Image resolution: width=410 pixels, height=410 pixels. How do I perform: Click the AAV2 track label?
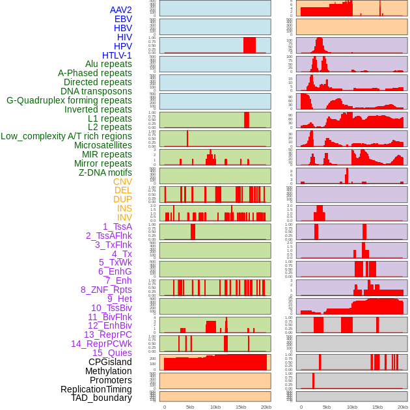[120, 10]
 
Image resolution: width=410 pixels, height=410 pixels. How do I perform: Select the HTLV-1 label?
[116, 55]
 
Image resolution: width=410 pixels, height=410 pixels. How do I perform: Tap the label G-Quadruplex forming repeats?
[69, 100]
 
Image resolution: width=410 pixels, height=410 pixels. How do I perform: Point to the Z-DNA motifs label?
[105, 172]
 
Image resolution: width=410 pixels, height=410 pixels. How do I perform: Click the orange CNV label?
[122, 182]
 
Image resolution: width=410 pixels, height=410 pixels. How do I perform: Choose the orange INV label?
[124, 217]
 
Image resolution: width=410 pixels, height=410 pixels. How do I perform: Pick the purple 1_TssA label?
[117, 226]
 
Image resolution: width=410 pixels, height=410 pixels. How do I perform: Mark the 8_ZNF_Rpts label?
[106, 290]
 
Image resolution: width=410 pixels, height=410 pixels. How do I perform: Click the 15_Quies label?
[112, 353]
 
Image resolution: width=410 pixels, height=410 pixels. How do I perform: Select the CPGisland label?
[110, 362]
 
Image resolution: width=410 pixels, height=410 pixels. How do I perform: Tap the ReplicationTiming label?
[96, 389]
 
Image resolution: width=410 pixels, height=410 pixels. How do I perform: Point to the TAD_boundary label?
[101, 398]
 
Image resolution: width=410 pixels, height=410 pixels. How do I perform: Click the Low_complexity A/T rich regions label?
[66, 136]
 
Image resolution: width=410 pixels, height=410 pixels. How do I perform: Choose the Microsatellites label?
[103, 145]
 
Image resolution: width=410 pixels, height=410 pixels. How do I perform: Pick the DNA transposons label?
[96, 91]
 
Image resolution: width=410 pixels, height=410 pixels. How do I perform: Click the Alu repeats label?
[108, 64]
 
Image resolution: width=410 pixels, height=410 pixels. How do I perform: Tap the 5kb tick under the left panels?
[190, 407]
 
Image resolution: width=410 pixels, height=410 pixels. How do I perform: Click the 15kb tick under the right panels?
[377, 407]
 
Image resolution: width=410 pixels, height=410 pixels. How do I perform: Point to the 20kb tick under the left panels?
[266, 407]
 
